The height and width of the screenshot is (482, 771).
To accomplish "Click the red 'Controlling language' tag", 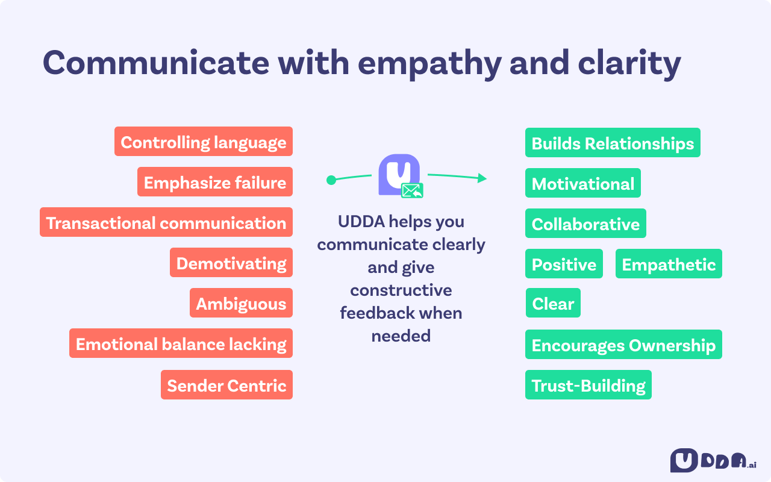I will [x=204, y=142].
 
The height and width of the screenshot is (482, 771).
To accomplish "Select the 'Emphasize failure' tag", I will [x=215, y=182].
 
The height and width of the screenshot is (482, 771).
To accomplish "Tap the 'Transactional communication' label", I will [x=166, y=222].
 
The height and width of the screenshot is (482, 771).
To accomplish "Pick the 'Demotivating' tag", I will [x=231, y=263].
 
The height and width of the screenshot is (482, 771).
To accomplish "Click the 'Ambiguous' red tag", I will [x=241, y=303].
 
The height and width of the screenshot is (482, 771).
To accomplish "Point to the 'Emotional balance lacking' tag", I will [x=181, y=343].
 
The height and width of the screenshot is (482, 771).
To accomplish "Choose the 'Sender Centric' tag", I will [x=226, y=385].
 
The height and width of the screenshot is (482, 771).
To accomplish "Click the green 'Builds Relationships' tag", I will [x=613, y=143].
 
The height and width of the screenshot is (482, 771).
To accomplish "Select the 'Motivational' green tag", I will [x=583, y=183].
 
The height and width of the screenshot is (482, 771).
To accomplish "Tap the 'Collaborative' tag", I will [x=585, y=224].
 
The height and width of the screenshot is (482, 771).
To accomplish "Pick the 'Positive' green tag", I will [x=564, y=264].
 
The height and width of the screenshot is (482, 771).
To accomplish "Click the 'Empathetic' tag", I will [x=669, y=264].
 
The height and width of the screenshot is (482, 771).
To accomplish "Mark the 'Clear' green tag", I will [x=553, y=303].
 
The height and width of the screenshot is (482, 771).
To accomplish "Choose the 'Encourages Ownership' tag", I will [x=623, y=345].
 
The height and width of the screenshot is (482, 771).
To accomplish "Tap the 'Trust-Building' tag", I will [x=588, y=385].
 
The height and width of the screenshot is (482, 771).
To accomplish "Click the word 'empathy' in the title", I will [x=428, y=62].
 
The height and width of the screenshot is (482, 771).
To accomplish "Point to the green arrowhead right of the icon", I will [x=482, y=178].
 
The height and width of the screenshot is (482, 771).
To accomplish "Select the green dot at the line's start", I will [x=331, y=180].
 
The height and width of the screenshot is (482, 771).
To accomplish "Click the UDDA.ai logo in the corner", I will [x=713, y=461].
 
